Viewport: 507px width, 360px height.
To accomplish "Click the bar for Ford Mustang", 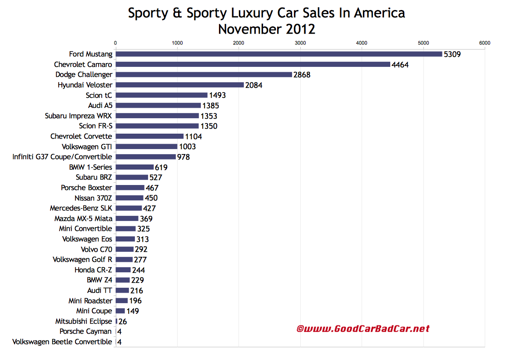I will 278,54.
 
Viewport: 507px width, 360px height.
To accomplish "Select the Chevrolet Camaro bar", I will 253,65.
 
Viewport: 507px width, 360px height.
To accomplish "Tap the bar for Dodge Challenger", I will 204,75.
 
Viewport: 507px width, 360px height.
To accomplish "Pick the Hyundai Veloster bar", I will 179,85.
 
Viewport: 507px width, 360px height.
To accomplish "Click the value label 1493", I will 217,95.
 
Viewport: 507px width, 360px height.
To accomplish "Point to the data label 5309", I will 453,55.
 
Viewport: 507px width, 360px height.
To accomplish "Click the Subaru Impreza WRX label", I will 78,116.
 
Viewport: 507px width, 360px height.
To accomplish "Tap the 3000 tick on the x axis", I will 300,43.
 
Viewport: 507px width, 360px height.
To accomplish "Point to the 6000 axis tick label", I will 484,43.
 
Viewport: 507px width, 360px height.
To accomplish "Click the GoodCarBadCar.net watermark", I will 363,329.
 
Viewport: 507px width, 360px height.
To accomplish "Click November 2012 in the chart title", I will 266,30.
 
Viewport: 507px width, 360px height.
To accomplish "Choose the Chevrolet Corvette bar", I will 149,136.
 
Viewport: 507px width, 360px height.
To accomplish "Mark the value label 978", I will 184,157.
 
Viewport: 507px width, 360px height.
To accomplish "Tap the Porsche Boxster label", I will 86,188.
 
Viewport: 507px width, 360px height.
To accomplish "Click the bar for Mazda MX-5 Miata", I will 127,219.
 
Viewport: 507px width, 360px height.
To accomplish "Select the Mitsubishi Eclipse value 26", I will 123,321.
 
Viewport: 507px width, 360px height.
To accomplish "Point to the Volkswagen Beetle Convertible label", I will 62,342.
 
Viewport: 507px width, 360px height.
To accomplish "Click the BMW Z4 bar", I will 123,280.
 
